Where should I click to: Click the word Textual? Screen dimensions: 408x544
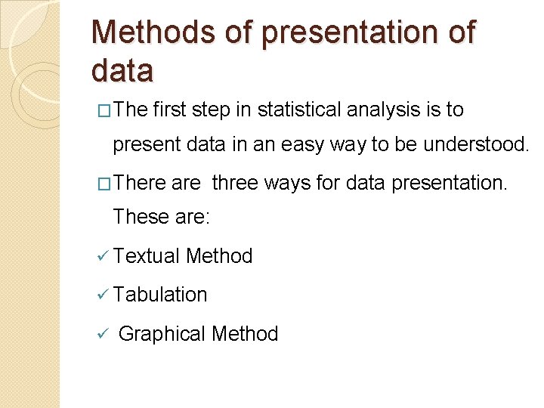[x=147, y=256]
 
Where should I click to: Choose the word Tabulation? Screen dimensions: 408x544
[x=159, y=295]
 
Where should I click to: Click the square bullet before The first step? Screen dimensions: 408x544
[x=104, y=111]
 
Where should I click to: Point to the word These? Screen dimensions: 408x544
[x=137, y=218]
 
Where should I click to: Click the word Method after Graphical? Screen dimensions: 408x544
[x=245, y=333]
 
